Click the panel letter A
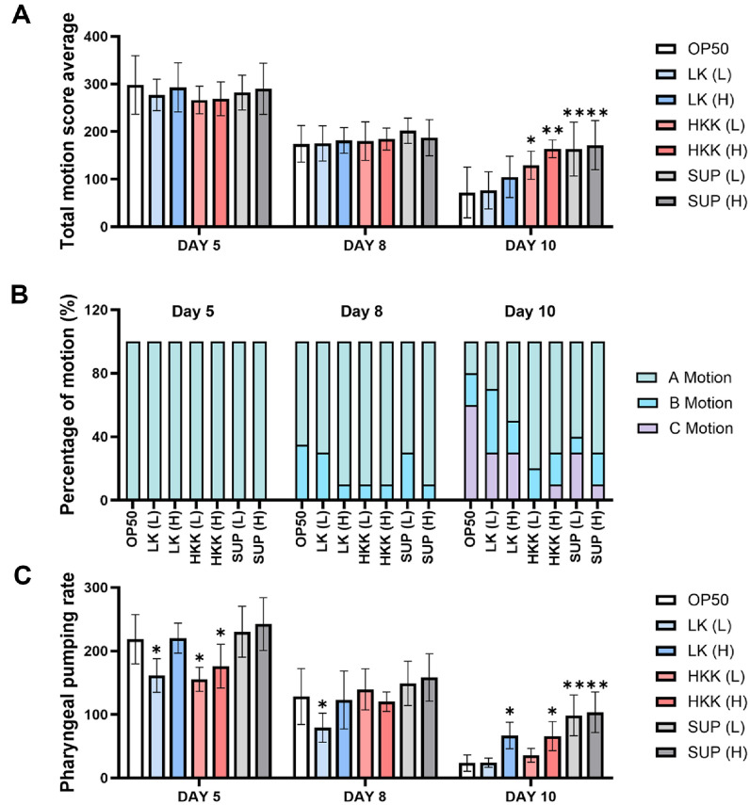click(21, 14)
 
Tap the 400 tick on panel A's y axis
click(96, 37)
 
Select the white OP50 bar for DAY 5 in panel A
click(135, 156)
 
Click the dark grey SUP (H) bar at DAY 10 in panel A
click(595, 186)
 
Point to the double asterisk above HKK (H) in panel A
click(553, 131)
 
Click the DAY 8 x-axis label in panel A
click(365, 246)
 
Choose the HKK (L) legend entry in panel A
click(701, 125)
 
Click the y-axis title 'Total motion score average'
click(67, 132)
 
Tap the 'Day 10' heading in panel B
click(530, 311)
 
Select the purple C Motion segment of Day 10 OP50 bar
click(471, 452)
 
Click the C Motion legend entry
click(685, 428)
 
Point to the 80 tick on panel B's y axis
click(100, 373)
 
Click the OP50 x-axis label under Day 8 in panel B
click(302, 529)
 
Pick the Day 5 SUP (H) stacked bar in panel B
click(260, 421)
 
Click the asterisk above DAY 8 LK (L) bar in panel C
click(322, 705)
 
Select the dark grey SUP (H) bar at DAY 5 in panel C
click(264, 701)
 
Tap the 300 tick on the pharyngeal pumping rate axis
click(96, 588)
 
